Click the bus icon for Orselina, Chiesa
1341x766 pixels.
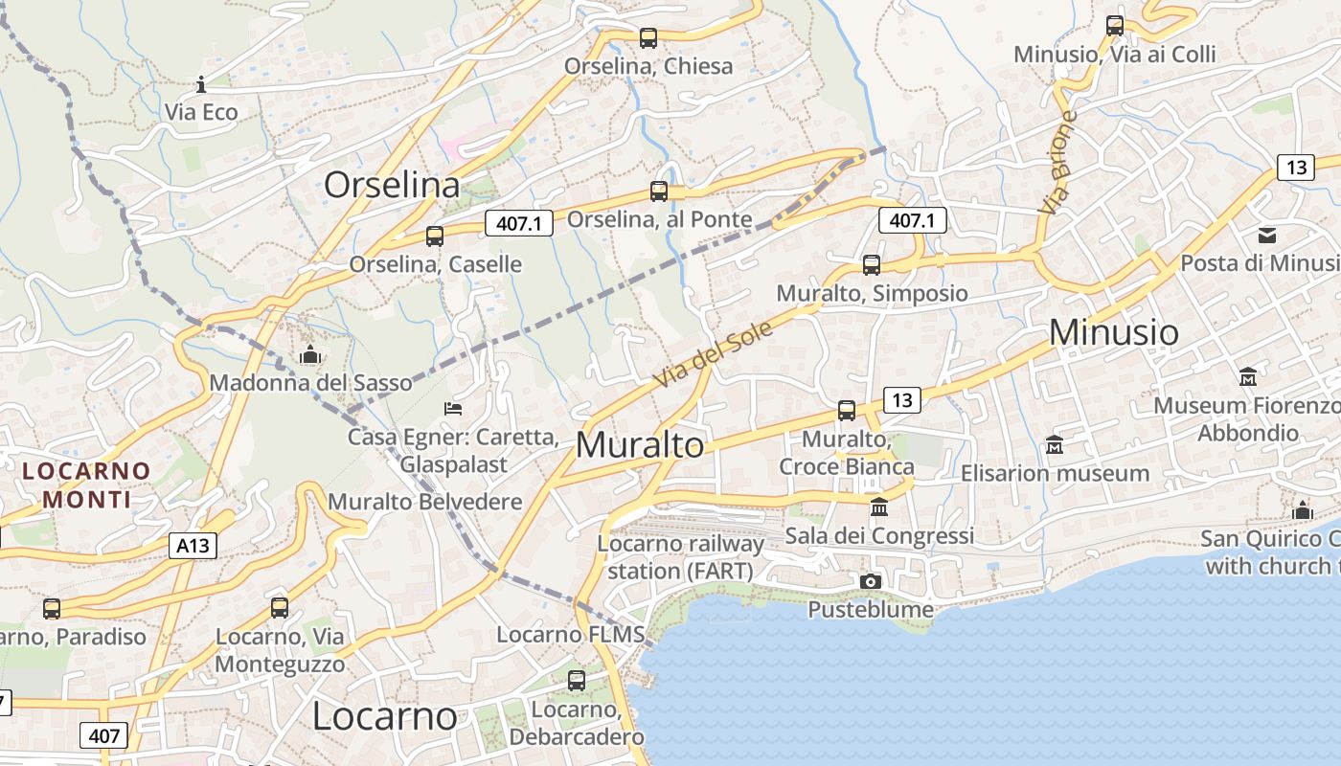[648, 38]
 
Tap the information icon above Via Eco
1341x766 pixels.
[201, 84]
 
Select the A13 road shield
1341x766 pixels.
[193, 546]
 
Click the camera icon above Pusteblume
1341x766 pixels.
[871, 581]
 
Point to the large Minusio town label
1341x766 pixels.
[1114, 332]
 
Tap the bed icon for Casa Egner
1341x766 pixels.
[454, 409]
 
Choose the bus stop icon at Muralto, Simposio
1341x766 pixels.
[871, 265]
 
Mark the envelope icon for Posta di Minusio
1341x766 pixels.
[1267, 235]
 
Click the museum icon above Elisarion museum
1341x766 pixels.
[1055, 445]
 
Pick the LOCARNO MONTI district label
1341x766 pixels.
[86, 484]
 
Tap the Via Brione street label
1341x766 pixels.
[1057, 163]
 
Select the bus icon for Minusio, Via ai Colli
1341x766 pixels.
[1115, 26]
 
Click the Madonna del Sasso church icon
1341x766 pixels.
[309, 355]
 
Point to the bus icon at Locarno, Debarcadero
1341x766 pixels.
[576, 681]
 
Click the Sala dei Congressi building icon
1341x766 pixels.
[878, 507]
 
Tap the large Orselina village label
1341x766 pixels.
[392, 185]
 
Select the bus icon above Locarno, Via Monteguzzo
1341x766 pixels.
[280, 607]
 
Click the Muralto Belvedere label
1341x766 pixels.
[425, 502]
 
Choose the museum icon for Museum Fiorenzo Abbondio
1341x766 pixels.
[1247, 377]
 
